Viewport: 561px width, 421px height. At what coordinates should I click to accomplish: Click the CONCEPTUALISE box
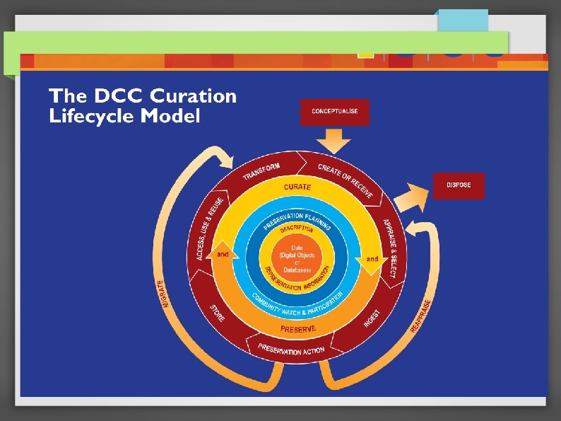335,112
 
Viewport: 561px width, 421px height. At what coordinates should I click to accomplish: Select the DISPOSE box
459,185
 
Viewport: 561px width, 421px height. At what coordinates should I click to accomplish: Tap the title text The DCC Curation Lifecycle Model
142,105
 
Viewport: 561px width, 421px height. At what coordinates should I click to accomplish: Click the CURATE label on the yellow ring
297,187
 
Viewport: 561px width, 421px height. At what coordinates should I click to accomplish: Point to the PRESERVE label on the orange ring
298,329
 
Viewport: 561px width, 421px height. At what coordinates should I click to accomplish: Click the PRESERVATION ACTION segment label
291,350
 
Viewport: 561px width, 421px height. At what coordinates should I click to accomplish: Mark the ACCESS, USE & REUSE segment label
210,228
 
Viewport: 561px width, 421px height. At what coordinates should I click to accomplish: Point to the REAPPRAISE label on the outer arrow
421,315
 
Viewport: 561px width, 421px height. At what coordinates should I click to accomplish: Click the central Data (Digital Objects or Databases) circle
297,259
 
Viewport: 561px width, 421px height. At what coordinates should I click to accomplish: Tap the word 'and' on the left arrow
222,253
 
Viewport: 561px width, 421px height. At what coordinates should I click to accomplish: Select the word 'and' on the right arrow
372,259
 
